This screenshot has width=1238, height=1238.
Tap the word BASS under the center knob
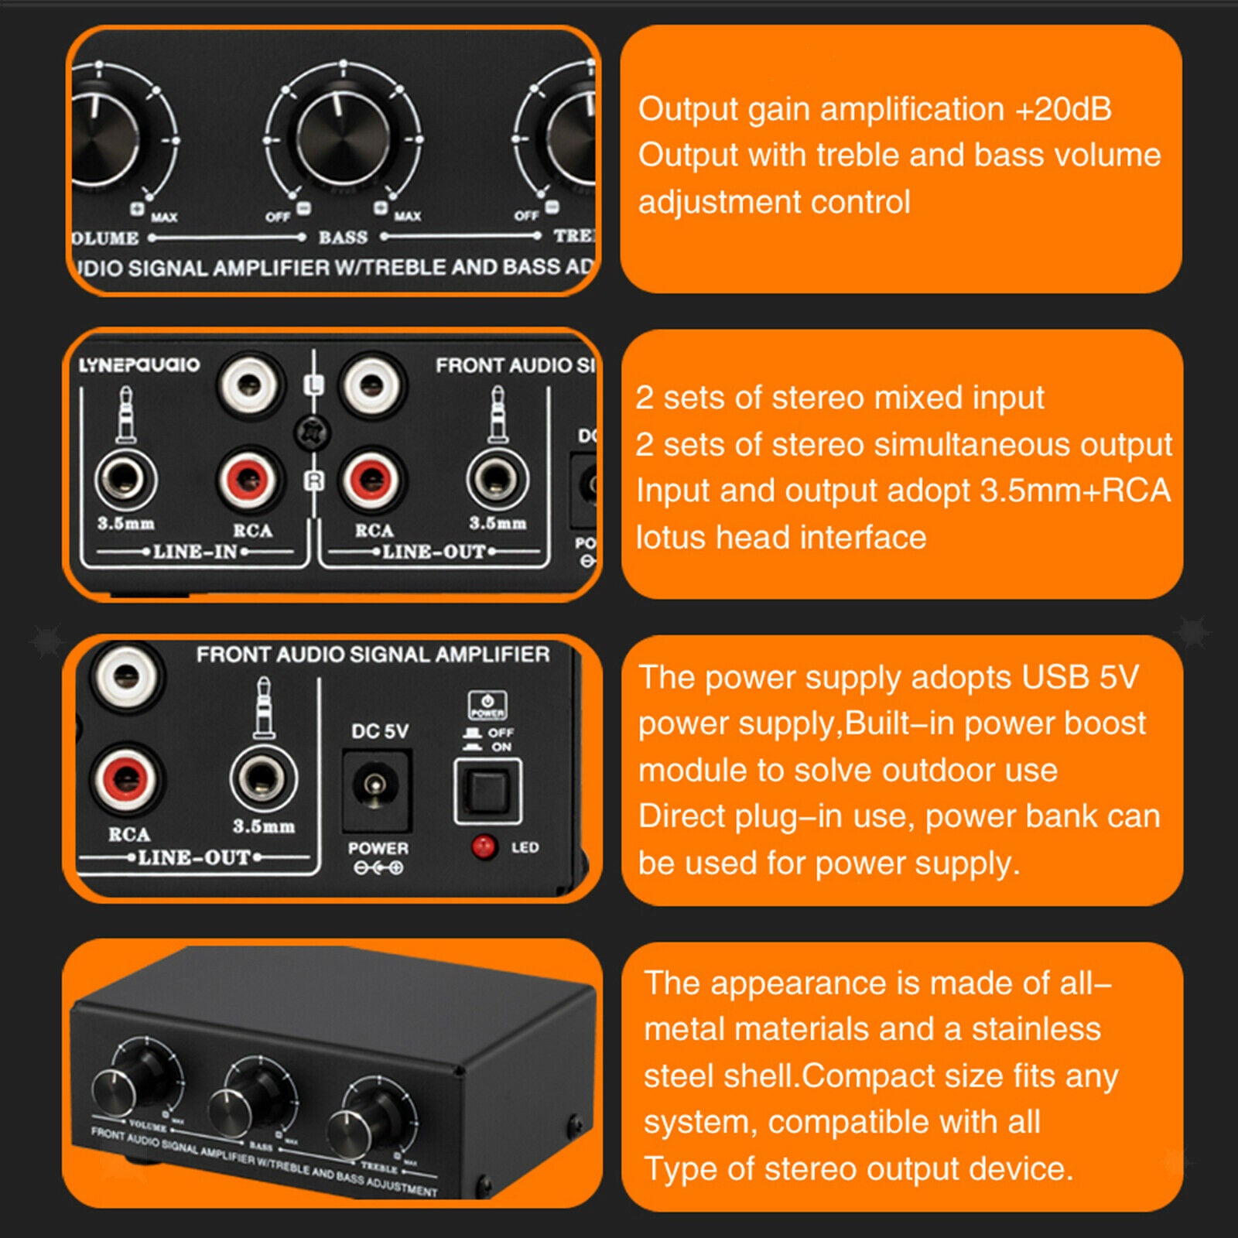343,238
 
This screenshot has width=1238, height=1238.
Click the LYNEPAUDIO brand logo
139,364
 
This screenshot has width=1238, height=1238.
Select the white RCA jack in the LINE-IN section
248,384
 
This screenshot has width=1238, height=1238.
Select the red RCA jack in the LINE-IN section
248,480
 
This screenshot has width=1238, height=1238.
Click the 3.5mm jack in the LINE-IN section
125,480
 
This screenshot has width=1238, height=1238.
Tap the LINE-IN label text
194,552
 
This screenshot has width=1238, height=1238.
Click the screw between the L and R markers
312,432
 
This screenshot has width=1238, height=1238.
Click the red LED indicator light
484,846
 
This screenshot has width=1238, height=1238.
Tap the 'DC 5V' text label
379,731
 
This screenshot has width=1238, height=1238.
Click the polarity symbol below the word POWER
378,868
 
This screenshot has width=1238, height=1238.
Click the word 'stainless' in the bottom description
1036,1029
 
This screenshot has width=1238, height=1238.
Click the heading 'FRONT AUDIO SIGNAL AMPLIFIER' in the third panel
372,655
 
